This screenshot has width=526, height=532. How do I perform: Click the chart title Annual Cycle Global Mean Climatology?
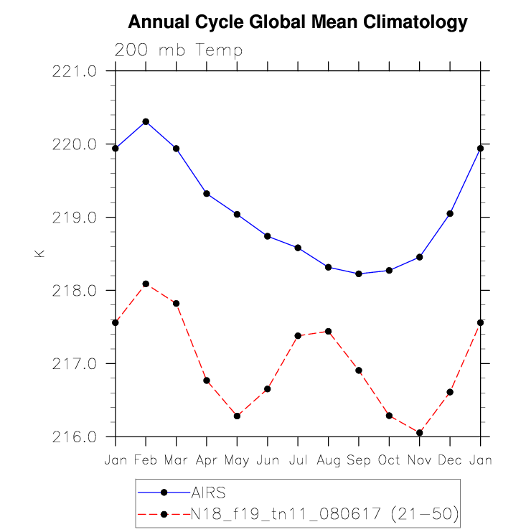tap(297, 23)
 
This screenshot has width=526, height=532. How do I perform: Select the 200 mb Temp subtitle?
tap(179, 50)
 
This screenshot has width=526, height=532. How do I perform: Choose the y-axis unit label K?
tap(39, 253)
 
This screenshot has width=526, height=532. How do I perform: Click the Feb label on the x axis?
tap(146, 459)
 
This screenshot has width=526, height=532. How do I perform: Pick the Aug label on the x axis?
tap(328, 459)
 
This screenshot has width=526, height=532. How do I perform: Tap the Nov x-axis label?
tap(419, 459)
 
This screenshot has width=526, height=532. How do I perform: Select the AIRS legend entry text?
tap(209, 493)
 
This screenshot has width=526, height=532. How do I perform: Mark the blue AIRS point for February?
tap(146, 121)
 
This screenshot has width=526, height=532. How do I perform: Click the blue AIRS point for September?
tap(359, 274)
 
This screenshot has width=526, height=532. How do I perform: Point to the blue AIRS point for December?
tap(450, 213)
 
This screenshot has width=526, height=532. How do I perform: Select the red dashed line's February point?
tap(146, 284)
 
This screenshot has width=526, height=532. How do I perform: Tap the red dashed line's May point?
tap(237, 416)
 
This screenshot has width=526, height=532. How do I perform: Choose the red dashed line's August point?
tap(328, 331)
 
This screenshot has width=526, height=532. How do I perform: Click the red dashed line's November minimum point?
tap(420, 432)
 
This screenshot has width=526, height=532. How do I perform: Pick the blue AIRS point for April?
tap(207, 193)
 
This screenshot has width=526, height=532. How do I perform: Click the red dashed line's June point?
tap(268, 388)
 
